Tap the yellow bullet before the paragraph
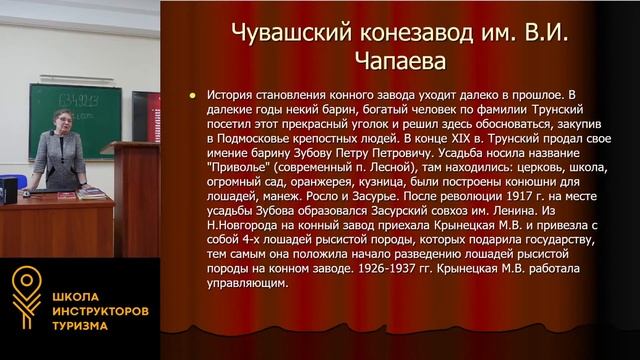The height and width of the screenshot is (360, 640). coord(192,96)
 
